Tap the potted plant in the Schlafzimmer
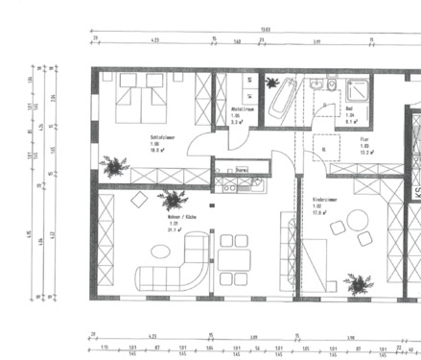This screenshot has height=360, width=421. coord(116,166)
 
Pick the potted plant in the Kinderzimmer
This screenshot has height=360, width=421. coord(360,282)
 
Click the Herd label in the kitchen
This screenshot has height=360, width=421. coord(243,170)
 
